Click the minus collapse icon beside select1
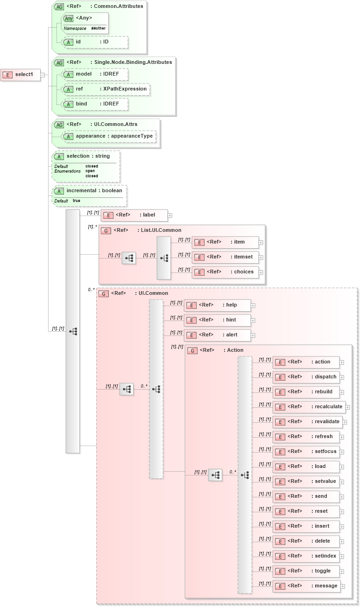coord(42,75)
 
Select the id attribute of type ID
coord(95,42)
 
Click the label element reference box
coord(134,215)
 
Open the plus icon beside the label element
coord(170,216)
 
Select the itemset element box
coord(225,257)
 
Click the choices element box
coord(225,272)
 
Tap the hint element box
coord(217,320)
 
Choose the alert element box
coord(217,335)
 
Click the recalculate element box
coord(309,407)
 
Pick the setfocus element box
coord(305,452)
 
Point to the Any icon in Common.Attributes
coord(68,18)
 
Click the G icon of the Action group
coord(191,350)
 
